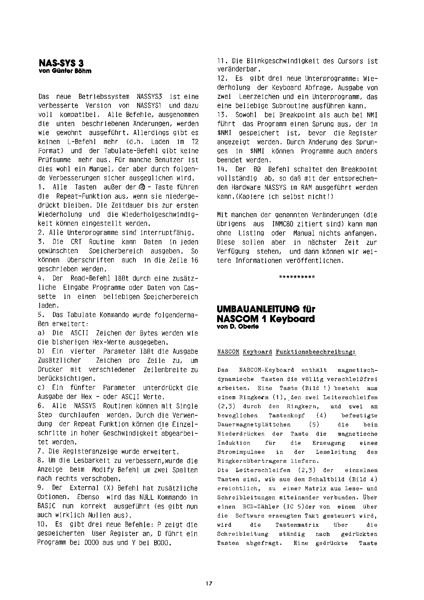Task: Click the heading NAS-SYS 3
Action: [x=61, y=63]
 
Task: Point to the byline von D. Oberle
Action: [x=238, y=326]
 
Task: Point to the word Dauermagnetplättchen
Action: [x=254, y=425]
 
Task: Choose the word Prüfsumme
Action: [x=54, y=160]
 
